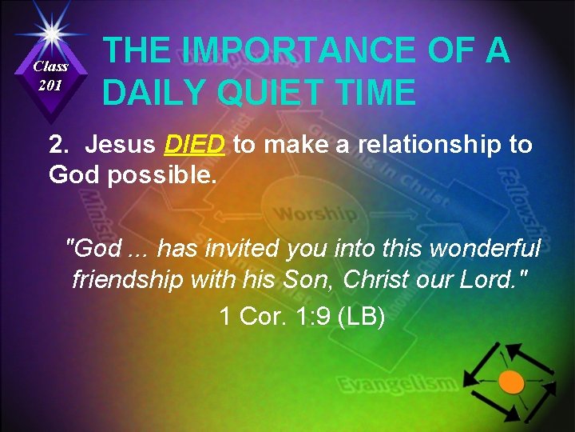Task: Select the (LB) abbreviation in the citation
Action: [362, 317]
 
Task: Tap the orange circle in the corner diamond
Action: [511, 382]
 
